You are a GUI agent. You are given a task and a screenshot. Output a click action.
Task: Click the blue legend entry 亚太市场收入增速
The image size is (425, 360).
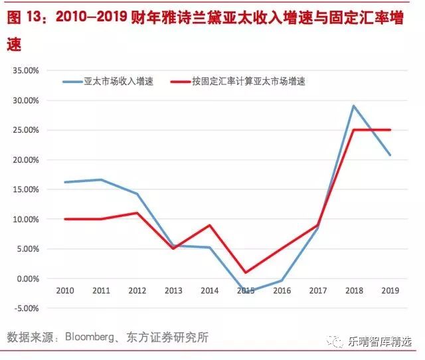click(x=118, y=82)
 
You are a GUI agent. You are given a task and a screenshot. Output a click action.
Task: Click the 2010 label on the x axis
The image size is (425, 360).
click(x=64, y=291)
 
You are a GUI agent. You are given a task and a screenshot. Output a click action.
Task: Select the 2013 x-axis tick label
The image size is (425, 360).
click(x=173, y=291)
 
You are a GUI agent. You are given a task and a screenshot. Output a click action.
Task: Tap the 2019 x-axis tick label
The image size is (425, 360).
click(x=389, y=291)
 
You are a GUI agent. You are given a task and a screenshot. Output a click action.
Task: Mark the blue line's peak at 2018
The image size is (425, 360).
click(x=353, y=106)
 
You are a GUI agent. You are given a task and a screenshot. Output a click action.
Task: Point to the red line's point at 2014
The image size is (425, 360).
click(x=209, y=225)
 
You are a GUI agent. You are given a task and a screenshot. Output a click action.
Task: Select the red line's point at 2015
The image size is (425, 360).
click(x=245, y=272)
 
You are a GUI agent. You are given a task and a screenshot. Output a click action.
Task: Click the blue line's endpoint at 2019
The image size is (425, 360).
click(x=389, y=155)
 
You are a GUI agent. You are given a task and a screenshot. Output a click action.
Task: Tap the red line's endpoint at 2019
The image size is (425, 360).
click(x=389, y=130)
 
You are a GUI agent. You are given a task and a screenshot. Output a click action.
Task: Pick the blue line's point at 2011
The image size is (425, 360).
click(x=101, y=179)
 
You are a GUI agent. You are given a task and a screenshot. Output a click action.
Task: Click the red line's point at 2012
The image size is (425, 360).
click(x=137, y=213)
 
